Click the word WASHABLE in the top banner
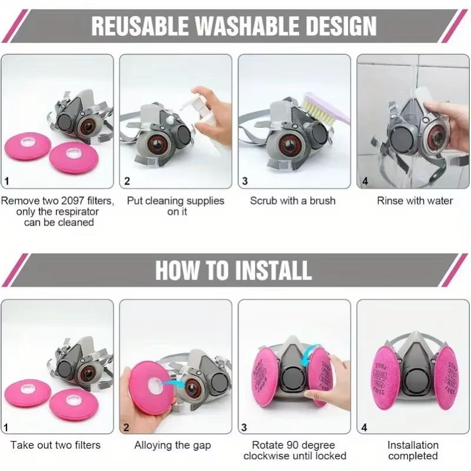pyautogui.click(x=247, y=26)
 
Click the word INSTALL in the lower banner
pyautogui.click(x=273, y=270)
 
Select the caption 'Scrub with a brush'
pyautogui.click(x=293, y=200)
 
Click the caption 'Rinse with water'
pyautogui.click(x=414, y=200)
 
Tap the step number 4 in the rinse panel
pyautogui.click(x=365, y=181)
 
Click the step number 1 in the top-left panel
pyautogui.click(x=6, y=181)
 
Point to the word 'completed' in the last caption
pyautogui.click(x=413, y=456)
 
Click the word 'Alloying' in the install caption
pyautogui.click(x=152, y=445)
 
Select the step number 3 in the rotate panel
pyautogui.click(x=244, y=427)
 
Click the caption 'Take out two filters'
pyautogui.click(x=55, y=445)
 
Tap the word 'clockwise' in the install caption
pyautogui.click(x=264, y=456)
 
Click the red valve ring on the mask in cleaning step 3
pyautogui.click(x=288, y=145)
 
